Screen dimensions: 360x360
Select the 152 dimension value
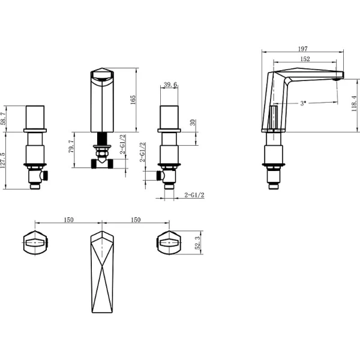pos(305,59)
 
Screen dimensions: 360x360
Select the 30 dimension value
pos(192,122)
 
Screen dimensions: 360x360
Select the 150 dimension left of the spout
pos(68,220)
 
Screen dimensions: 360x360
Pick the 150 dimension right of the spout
pos(135,220)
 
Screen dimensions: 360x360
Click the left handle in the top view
pos(35,244)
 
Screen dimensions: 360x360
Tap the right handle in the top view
pos(169,244)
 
